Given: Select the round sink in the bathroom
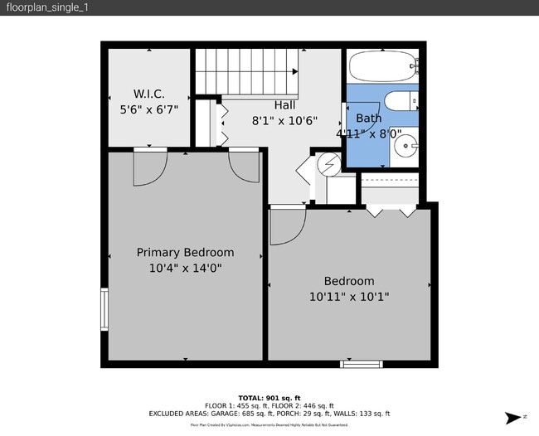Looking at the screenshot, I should coord(405,148).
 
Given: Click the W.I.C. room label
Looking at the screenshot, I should coord(150,93).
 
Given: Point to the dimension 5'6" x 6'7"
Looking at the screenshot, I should coord(150,109).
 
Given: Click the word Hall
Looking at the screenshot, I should coord(285,105).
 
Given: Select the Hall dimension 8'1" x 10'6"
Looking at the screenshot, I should coord(285,120).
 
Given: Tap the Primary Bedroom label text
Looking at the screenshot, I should coord(185,253).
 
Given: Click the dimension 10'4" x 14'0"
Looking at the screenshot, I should coord(185,269).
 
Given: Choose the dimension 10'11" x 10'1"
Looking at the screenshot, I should coord(348,296).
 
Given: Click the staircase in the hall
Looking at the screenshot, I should coord(245,71).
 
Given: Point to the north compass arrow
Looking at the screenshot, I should coord(513,417).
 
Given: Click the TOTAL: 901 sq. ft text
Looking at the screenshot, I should coord(269,397).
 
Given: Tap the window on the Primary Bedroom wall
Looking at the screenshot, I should coord(104,309).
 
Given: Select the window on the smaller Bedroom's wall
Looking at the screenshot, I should coord(362,363).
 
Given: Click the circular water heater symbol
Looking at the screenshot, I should coord(328,163).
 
